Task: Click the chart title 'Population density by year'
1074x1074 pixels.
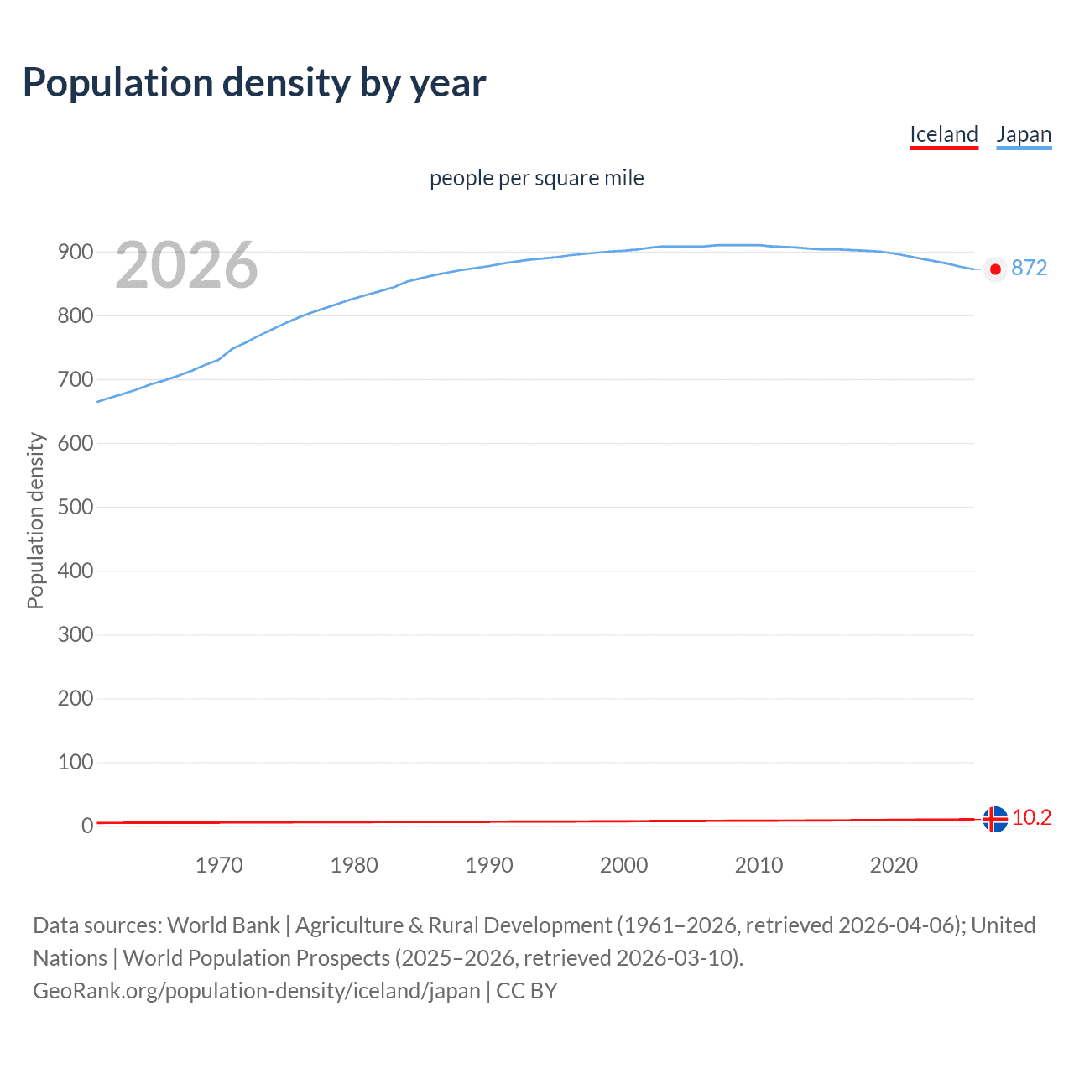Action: (x=254, y=83)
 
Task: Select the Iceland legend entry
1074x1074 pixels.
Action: (x=944, y=134)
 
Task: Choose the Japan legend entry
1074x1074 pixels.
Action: (x=1024, y=134)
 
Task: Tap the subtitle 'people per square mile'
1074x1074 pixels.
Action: (x=537, y=178)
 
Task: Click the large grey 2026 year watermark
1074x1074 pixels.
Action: (x=186, y=265)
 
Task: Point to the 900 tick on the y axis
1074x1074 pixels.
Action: (x=75, y=252)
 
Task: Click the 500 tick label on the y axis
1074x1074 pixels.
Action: (x=75, y=507)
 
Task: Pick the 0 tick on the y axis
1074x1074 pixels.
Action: (x=86, y=826)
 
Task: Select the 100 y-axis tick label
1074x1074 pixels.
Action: (x=75, y=762)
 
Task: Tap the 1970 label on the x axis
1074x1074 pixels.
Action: (x=219, y=865)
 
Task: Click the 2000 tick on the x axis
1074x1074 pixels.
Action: (x=623, y=865)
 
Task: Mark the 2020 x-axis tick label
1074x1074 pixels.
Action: (x=894, y=865)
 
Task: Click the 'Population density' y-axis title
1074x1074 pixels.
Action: (x=35, y=520)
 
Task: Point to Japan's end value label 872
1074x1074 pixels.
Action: (x=1030, y=268)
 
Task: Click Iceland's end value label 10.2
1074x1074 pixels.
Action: (x=1032, y=817)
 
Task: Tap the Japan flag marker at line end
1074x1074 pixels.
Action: (x=995, y=269)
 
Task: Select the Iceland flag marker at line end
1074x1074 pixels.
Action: (x=995, y=819)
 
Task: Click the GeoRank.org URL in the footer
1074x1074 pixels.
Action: (x=257, y=991)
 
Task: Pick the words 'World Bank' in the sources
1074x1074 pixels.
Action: (x=223, y=925)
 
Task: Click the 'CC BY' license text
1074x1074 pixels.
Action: (x=527, y=991)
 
